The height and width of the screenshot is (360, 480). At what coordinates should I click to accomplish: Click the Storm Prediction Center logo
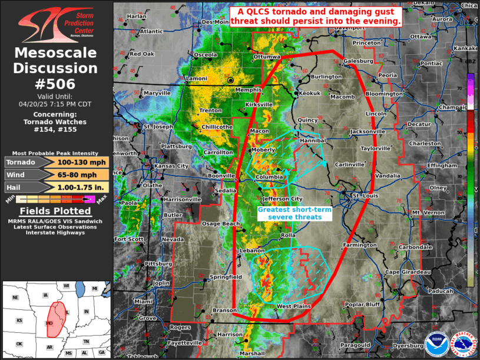click(56, 24)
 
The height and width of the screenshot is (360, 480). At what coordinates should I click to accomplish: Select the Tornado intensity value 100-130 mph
click(82, 162)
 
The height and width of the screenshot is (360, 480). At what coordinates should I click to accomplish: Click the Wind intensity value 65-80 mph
click(82, 174)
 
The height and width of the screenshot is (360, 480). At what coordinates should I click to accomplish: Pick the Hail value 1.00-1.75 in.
click(82, 187)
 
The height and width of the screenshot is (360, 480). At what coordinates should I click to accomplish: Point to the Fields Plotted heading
click(55, 211)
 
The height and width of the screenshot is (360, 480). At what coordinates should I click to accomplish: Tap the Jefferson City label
click(282, 199)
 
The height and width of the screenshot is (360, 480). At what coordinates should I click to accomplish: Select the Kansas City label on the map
click(171, 166)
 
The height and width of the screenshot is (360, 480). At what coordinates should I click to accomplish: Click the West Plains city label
click(293, 306)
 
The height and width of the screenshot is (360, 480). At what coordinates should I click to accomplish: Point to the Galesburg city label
click(358, 61)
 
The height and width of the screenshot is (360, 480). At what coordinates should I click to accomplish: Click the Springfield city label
click(226, 276)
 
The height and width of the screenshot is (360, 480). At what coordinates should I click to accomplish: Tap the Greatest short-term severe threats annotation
click(295, 213)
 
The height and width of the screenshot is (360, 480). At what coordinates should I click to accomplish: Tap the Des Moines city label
click(215, 22)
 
